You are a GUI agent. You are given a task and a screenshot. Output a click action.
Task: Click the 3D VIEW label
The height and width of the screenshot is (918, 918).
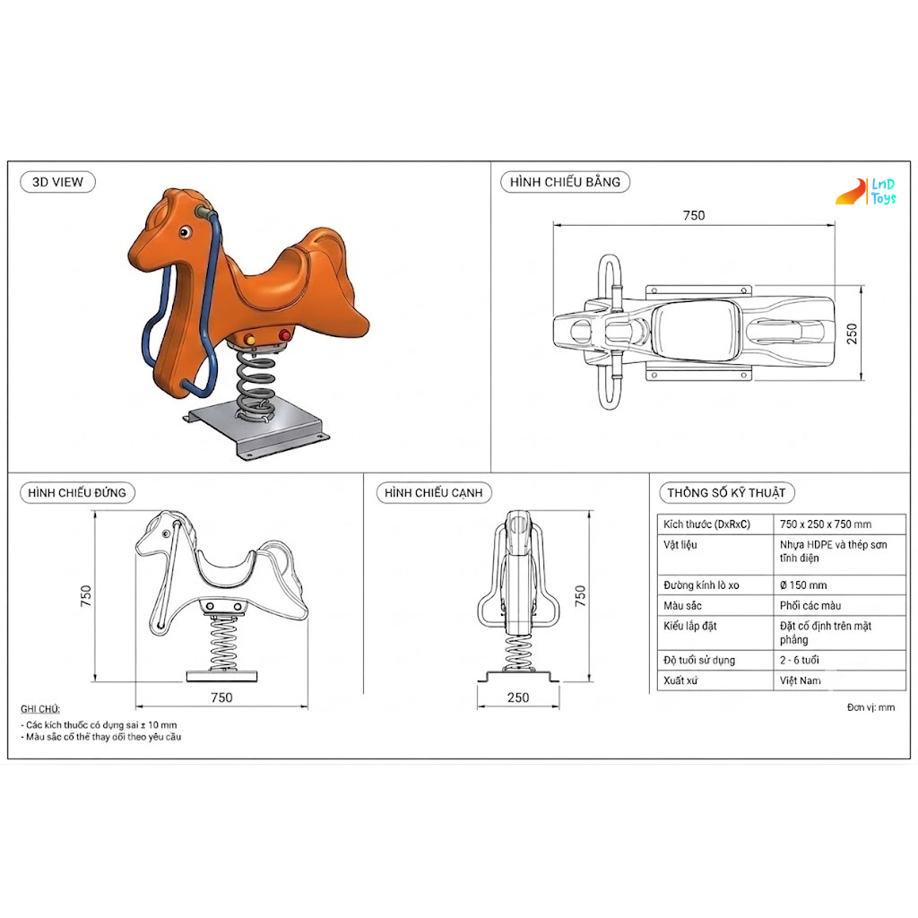[57, 182]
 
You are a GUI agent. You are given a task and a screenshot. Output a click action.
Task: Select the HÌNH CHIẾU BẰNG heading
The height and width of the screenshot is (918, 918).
[565, 182]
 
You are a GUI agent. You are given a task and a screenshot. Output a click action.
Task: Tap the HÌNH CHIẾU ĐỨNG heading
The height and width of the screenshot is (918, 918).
[77, 493]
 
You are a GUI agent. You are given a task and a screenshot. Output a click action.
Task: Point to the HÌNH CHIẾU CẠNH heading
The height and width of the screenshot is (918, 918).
[434, 493]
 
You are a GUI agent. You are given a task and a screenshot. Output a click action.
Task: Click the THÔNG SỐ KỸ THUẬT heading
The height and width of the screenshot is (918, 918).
[726, 493]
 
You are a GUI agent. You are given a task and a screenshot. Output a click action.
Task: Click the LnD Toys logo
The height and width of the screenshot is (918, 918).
[866, 192]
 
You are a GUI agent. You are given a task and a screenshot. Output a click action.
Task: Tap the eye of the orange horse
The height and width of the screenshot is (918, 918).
[185, 232]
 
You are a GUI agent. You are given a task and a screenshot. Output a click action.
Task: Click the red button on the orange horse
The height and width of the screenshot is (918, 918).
[284, 335]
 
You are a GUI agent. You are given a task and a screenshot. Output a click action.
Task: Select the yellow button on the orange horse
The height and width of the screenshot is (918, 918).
[250, 340]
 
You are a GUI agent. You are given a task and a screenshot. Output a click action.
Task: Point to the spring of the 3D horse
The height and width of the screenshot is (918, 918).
[255, 384]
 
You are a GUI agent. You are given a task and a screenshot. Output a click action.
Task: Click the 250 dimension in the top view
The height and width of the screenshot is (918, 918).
[852, 333]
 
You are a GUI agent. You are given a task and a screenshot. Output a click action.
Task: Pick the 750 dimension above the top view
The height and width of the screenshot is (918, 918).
[694, 215]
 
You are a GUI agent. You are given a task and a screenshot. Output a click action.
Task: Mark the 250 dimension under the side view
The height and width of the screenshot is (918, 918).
[518, 697]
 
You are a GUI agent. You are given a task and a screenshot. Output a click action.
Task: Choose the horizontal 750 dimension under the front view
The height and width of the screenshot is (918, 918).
[222, 697]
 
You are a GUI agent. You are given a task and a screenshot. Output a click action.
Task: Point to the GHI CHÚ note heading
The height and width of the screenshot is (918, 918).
[40, 709]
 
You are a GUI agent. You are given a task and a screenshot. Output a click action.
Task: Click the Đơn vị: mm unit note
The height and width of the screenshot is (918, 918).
[870, 707]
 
